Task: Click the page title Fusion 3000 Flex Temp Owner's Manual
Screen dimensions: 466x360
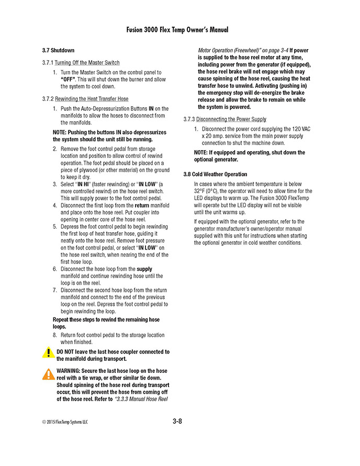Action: pyautogui.click(x=177, y=30)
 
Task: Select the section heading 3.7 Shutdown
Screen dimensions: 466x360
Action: pyautogui.click(x=58, y=51)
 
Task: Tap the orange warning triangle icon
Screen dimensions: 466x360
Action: pyautogui.click(x=48, y=373)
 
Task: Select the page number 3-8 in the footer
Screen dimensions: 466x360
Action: pyautogui.click(x=177, y=421)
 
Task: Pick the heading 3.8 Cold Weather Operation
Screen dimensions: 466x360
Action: pyautogui.click(x=215, y=174)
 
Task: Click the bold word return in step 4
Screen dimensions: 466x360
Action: pyautogui.click(x=145, y=206)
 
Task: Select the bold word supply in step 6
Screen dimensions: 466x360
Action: pyautogui.click(x=144, y=269)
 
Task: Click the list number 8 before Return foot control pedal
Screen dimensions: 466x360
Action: pyautogui.click(x=55, y=335)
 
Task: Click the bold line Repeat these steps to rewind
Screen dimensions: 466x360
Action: pyautogui.click(x=106, y=320)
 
